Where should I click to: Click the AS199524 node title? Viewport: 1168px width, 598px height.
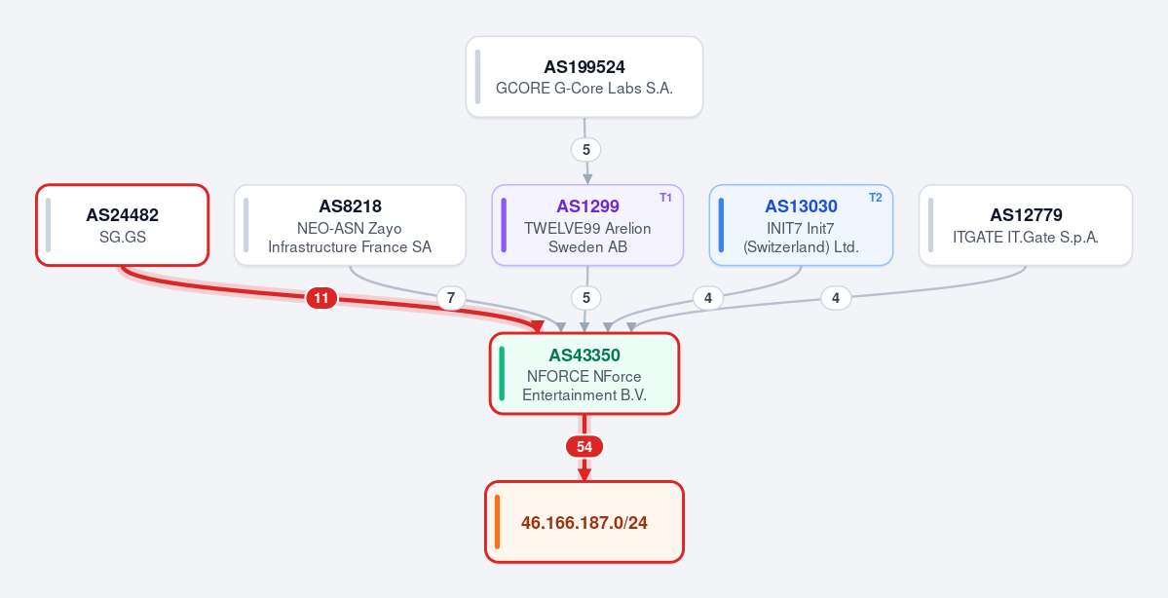584,67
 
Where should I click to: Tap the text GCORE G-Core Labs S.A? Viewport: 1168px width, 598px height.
584,89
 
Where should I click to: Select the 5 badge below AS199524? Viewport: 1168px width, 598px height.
586,150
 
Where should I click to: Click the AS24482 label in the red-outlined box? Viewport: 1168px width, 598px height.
122,215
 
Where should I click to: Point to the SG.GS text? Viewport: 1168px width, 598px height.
122,238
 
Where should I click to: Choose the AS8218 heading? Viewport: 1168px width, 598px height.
350,206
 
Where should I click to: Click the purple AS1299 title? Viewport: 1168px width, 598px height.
587,206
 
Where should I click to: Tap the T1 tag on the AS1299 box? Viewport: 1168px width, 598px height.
666,198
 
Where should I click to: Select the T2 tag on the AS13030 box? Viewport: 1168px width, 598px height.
875,198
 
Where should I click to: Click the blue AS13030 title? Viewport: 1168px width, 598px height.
801,206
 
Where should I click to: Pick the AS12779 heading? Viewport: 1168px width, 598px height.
1026,215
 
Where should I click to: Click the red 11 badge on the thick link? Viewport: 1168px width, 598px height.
321,299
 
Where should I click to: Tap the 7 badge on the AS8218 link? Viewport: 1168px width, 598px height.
450,299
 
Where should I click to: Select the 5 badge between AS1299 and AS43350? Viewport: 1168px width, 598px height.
586,299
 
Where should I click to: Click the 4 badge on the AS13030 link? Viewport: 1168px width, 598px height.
707,299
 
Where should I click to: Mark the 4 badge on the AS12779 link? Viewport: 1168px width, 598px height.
836,299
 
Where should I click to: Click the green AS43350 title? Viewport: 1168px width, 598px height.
584,355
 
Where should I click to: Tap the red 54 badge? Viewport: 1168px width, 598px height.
584,447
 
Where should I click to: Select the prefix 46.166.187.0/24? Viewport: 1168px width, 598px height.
584,523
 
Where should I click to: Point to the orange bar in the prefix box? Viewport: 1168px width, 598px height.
497,522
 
